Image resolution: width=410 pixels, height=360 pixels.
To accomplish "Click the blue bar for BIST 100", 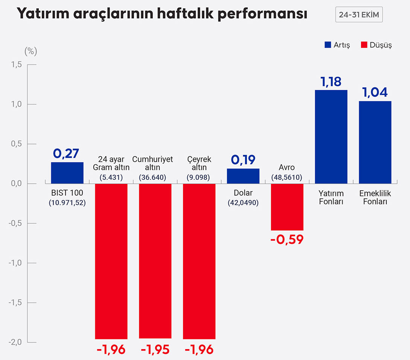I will pyautogui.click(x=67, y=173).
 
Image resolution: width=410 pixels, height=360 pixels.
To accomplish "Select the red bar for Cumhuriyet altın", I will pyautogui.click(x=155, y=261).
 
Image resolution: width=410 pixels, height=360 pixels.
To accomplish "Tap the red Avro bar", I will pyautogui.click(x=287, y=207).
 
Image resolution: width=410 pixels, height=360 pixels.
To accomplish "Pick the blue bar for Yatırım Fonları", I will pyautogui.click(x=331, y=137).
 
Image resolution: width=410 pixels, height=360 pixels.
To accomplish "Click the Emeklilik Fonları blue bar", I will pyautogui.click(x=375, y=142).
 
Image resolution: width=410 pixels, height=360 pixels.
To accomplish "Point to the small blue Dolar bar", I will pyautogui.click(x=243, y=176).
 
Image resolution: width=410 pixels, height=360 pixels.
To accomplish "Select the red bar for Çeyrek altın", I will pyautogui.click(x=199, y=261).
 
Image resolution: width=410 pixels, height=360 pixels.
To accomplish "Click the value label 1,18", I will pyautogui.click(x=331, y=82).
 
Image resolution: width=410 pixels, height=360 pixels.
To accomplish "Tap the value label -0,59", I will pyautogui.click(x=287, y=239).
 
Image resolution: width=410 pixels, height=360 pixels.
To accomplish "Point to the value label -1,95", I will pyautogui.click(x=155, y=349).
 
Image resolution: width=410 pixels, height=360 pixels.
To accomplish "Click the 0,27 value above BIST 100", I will pyautogui.click(x=67, y=153).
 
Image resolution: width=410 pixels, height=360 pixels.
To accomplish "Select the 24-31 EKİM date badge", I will pyautogui.click(x=359, y=15).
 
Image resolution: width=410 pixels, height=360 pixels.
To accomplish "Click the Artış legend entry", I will pyautogui.click(x=337, y=45).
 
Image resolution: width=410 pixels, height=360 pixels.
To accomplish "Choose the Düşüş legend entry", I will pyautogui.click(x=376, y=45).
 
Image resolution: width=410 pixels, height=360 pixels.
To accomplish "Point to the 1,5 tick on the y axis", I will pyautogui.click(x=17, y=65).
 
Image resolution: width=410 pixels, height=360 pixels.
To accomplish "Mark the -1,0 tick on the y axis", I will pyautogui.click(x=15, y=263).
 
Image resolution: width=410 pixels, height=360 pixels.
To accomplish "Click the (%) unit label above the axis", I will pyautogui.click(x=30, y=52).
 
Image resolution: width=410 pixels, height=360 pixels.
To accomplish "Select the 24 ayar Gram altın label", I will pyautogui.click(x=111, y=163).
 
